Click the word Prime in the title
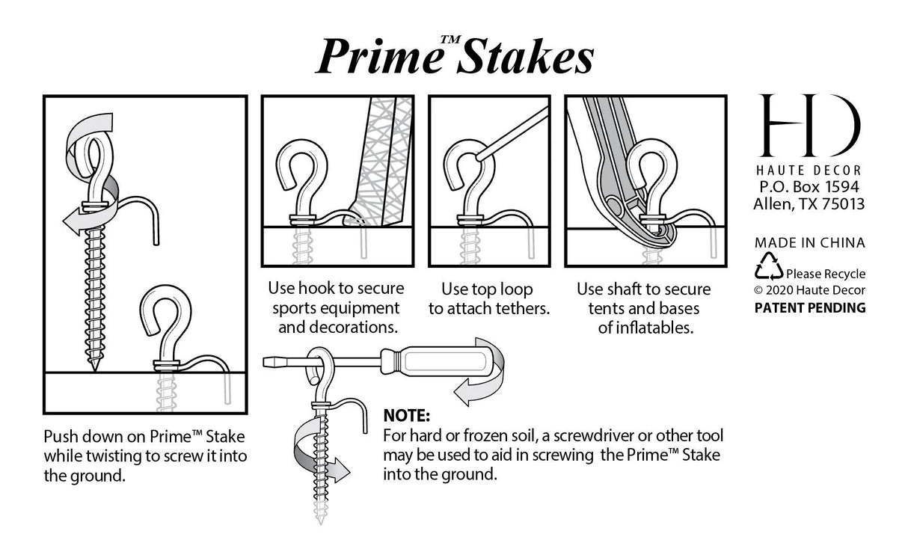[378, 58]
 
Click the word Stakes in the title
[524, 58]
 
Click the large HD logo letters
[809, 126]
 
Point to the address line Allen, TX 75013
[809, 204]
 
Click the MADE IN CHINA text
[809, 242]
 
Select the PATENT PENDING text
[809, 307]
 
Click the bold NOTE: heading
[406, 416]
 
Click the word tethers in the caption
[524, 309]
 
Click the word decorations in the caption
[357, 327]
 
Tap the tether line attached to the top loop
[509, 137]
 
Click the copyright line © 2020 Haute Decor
[809, 290]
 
